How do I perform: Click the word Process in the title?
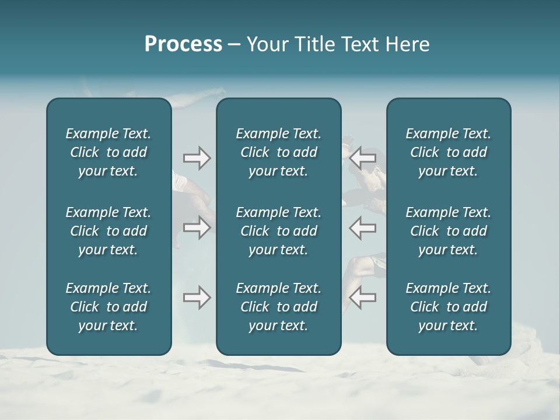(x=183, y=44)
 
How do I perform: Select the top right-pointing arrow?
(x=197, y=158)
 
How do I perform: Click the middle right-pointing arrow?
(x=197, y=228)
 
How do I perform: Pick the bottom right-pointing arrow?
(x=197, y=297)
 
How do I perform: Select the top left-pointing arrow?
(x=363, y=158)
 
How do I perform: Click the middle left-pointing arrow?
(x=363, y=228)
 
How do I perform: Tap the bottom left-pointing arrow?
(x=363, y=297)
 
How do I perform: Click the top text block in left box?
(x=108, y=152)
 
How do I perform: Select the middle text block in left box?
(x=108, y=231)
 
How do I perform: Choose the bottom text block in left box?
(x=108, y=307)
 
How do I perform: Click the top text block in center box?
(x=278, y=152)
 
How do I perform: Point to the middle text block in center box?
(x=278, y=231)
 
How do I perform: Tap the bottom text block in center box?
(x=278, y=307)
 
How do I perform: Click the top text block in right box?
(x=448, y=152)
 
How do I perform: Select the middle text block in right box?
(x=448, y=231)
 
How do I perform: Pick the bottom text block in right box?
(x=448, y=307)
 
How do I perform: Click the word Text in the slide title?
(x=360, y=44)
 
